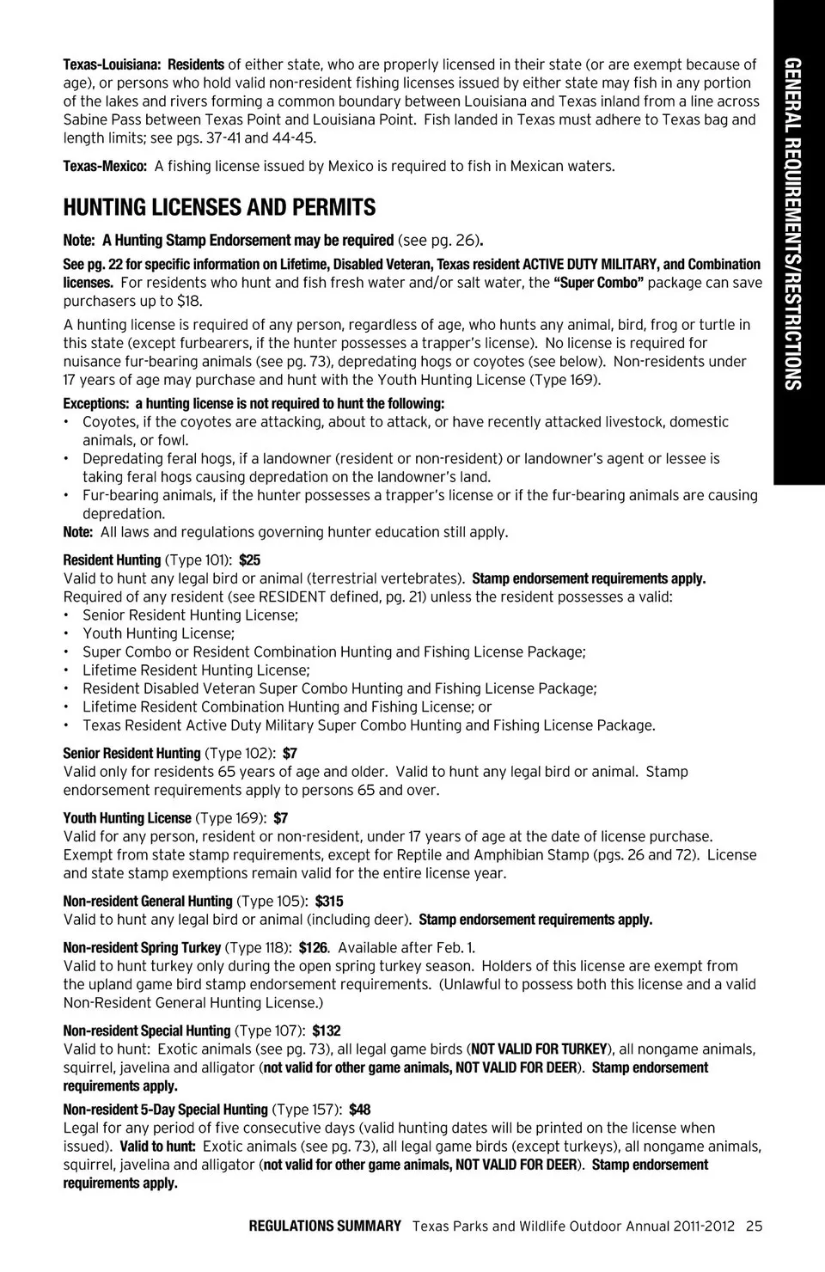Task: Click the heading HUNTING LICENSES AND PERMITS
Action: [x=219, y=208]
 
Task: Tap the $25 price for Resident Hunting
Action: [x=249, y=560]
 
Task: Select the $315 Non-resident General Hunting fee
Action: [x=329, y=902]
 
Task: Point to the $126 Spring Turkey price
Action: [x=314, y=948]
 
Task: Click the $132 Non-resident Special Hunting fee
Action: [x=327, y=1031]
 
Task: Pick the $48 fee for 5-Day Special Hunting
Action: [x=359, y=1110]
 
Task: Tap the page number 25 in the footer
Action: [x=754, y=1226]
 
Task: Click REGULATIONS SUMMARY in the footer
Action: [x=325, y=1226]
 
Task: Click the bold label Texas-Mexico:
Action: [x=105, y=167]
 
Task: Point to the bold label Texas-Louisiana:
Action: [x=112, y=65]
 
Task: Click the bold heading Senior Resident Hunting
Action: [x=131, y=754]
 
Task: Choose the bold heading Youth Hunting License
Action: [x=127, y=818]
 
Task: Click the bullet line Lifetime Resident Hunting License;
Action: [x=196, y=670]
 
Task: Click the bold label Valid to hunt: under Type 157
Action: [x=157, y=1147]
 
